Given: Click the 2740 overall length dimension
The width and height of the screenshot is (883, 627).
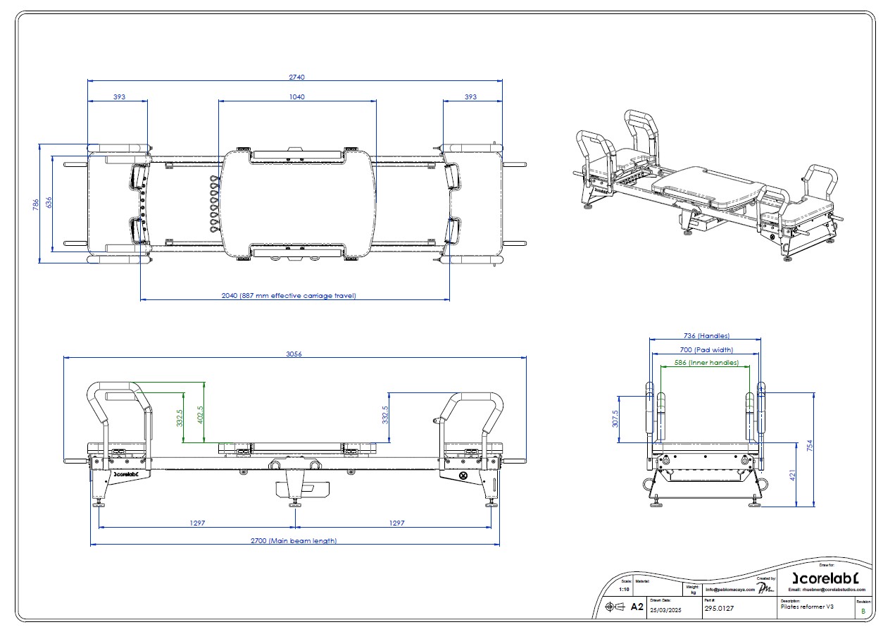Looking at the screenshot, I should click(x=296, y=77).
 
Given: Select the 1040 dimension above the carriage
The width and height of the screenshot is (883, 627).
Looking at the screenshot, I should click(x=297, y=97).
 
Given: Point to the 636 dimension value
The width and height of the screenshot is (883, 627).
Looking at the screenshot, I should click(x=49, y=203).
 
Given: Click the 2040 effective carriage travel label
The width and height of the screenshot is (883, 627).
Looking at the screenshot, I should click(x=294, y=296).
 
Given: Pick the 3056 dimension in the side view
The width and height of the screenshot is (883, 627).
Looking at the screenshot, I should click(x=294, y=354).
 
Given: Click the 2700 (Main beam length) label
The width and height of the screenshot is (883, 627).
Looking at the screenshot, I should click(x=294, y=541).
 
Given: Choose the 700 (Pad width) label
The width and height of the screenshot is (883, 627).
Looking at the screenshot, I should click(x=704, y=349).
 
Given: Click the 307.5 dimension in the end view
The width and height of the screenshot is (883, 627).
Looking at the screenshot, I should click(x=615, y=419).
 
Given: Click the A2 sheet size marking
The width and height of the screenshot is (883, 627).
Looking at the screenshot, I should click(x=637, y=607).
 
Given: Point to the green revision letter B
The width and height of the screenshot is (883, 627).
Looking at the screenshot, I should click(x=863, y=611).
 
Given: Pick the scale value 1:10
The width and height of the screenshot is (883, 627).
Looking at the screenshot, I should click(x=624, y=589).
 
